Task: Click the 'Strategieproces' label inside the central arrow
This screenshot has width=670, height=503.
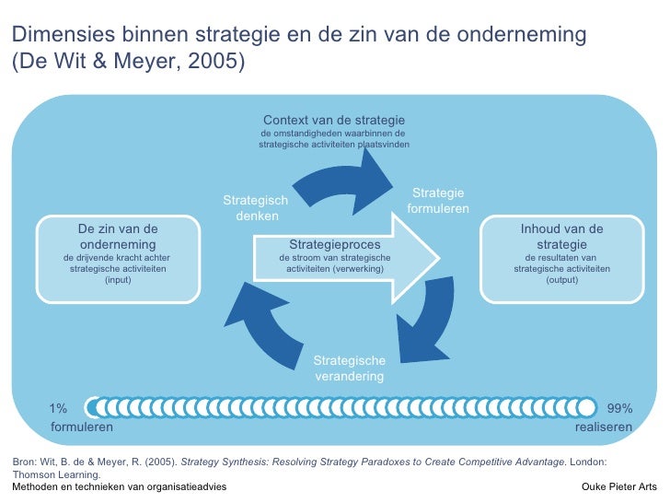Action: pyautogui.click(x=334, y=244)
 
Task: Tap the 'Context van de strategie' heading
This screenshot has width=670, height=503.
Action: pyautogui.click(x=333, y=121)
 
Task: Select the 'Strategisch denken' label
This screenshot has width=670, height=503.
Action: pyautogui.click(x=256, y=208)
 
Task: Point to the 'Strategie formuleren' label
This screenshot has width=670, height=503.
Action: pyautogui.click(x=438, y=201)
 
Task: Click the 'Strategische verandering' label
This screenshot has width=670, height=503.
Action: pyautogui.click(x=350, y=368)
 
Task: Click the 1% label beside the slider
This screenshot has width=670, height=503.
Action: pyautogui.click(x=59, y=408)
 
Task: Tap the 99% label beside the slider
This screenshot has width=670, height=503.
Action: pyautogui.click(x=619, y=408)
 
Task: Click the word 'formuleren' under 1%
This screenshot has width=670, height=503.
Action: pyautogui.click(x=81, y=427)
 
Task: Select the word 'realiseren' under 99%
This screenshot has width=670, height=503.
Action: pyautogui.click(x=603, y=427)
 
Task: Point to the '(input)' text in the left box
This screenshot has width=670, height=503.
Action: pyautogui.click(x=118, y=279)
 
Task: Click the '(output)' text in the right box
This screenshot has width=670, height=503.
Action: pyautogui.click(x=561, y=279)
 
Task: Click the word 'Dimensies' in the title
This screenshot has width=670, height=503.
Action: pyautogui.click(x=55, y=36)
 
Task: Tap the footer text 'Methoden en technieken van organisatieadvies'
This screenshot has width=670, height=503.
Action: pyautogui.click(x=119, y=485)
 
